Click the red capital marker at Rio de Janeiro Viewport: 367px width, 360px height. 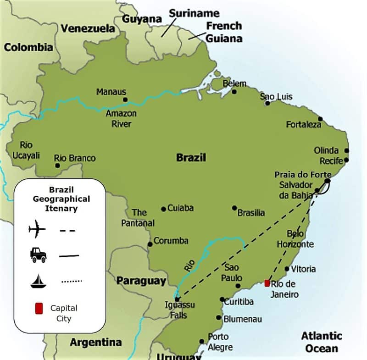pos(267,283)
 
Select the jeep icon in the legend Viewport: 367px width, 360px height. pos(38,255)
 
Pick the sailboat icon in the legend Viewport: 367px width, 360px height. pos(38,281)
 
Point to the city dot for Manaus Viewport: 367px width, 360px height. pos(125,99)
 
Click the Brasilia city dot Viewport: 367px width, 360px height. pos(234,208)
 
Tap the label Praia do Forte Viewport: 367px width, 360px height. pos(302,175)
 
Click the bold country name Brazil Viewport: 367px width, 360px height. pos(191,158)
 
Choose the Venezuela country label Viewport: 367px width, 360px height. pos(88,28)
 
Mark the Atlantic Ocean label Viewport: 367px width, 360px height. pos(322,342)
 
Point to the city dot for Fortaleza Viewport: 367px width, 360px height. pos(320,119)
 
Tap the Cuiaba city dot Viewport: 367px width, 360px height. pos(163,209)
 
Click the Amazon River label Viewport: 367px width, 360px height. pos(121,119)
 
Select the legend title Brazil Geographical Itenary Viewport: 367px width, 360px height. pos(61,199)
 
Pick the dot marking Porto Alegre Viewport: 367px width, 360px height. pos(201,341)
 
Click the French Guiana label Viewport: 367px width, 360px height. pos(223,32)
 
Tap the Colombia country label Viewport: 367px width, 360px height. pos(28,47)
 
